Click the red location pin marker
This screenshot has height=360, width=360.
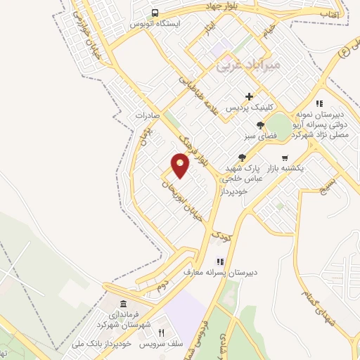180,165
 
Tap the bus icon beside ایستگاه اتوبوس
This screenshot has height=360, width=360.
155,13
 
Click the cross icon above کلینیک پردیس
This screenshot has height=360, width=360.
249,97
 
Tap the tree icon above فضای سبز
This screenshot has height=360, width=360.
260,125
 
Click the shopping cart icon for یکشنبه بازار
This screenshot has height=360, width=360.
284,158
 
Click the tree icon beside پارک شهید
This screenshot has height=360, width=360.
243,158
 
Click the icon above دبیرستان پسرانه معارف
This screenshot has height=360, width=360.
219,262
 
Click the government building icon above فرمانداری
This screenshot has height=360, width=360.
124,304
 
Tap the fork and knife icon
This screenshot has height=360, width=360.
160,333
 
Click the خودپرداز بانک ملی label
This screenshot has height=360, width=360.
103,345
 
